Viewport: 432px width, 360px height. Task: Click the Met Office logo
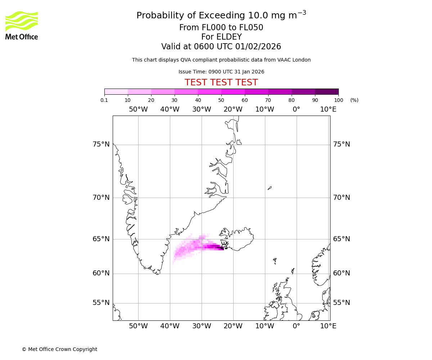click(x=22, y=25)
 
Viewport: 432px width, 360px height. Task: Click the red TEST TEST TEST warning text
click(x=221, y=82)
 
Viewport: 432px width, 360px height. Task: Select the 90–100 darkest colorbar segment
click(x=327, y=91)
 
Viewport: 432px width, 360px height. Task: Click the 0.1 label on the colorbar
click(x=104, y=100)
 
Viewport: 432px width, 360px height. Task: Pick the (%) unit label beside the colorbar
click(x=354, y=100)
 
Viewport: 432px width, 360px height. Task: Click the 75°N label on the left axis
click(x=101, y=144)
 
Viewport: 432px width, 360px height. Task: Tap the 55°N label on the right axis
click(x=341, y=303)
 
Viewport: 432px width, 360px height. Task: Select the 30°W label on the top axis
click(x=202, y=109)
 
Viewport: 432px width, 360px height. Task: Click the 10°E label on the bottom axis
click(x=328, y=326)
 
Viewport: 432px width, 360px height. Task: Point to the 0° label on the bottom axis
click(x=296, y=326)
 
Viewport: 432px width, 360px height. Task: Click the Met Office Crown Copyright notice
click(x=59, y=349)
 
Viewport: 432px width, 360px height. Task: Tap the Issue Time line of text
click(x=221, y=72)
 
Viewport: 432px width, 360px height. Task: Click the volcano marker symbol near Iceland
click(x=224, y=244)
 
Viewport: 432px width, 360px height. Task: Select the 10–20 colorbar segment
click(x=139, y=91)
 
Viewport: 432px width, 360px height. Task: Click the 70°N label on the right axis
click(x=341, y=198)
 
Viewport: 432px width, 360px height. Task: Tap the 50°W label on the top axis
click(x=138, y=109)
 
